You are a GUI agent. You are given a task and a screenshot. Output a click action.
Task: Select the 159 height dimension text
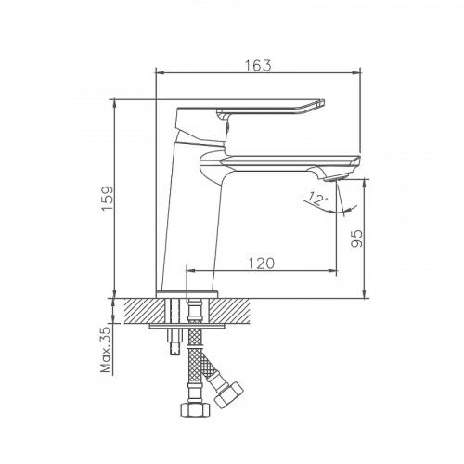coord(107,199)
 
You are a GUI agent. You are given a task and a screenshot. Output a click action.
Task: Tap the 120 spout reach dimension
coord(261,263)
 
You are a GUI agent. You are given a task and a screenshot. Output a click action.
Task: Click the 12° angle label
coord(317,198)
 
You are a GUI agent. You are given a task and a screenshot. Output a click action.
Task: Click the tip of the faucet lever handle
coord(324,105)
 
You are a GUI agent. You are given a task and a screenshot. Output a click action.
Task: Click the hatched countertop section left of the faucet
coord(139,309)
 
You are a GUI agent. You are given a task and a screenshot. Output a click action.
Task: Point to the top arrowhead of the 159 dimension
coord(113,103)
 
